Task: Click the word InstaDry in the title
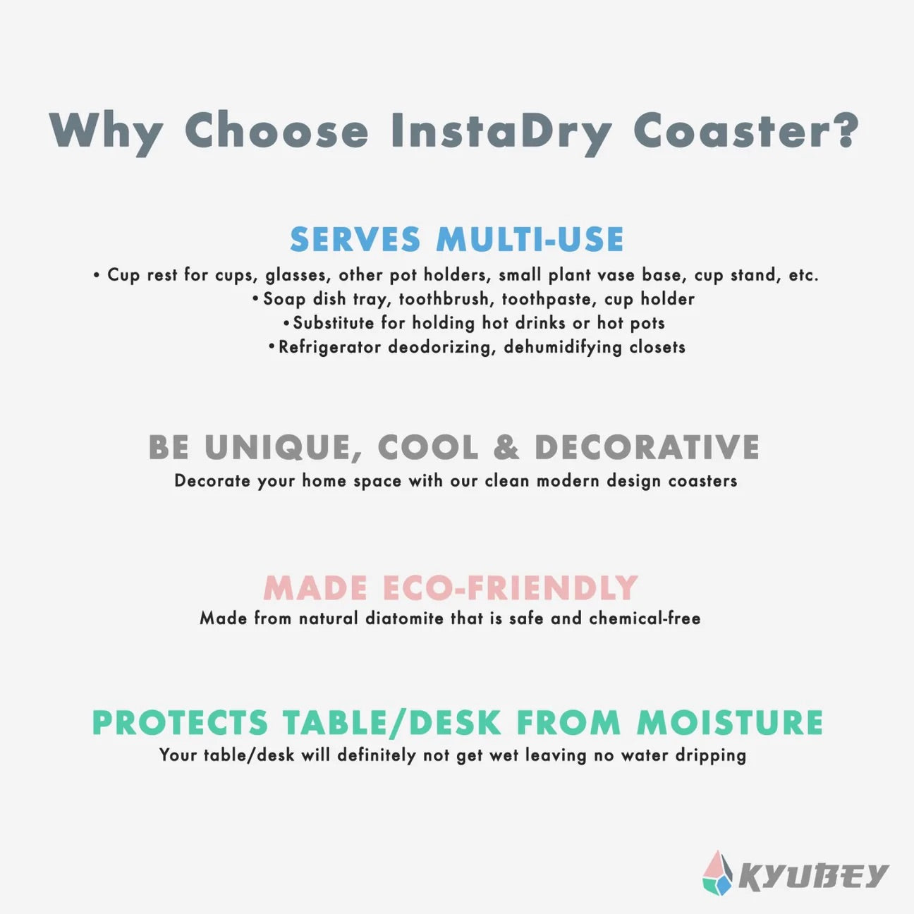click(501, 133)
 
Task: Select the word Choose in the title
click(276, 130)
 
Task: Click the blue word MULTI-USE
click(530, 238)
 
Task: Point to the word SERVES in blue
click(355, 238)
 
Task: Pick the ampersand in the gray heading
click(506, 447)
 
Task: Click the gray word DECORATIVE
click(647, 447)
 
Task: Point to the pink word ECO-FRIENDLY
click(510, 587)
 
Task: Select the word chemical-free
click(645, 619)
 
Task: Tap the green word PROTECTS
click(181, 723)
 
